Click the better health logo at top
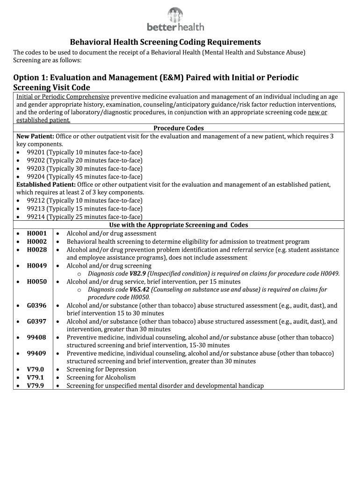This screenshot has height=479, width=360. point(175,20)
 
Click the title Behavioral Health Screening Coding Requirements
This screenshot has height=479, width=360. point(166,42)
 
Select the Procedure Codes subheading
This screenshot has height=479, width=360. point(179,128)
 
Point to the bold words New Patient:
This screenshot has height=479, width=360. point(36,136)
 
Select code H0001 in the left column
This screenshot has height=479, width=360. point(36,233)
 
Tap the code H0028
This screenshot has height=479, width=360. point(36,250)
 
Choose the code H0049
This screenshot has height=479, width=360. point(36,266)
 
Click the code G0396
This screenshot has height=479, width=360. point(36,305)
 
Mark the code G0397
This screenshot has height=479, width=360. point(36,322)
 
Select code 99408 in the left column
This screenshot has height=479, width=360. point(36,338)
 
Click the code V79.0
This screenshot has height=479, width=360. point(36,370)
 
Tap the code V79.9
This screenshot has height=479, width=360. point(36,386)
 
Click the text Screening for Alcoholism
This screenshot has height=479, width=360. point(101,377)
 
